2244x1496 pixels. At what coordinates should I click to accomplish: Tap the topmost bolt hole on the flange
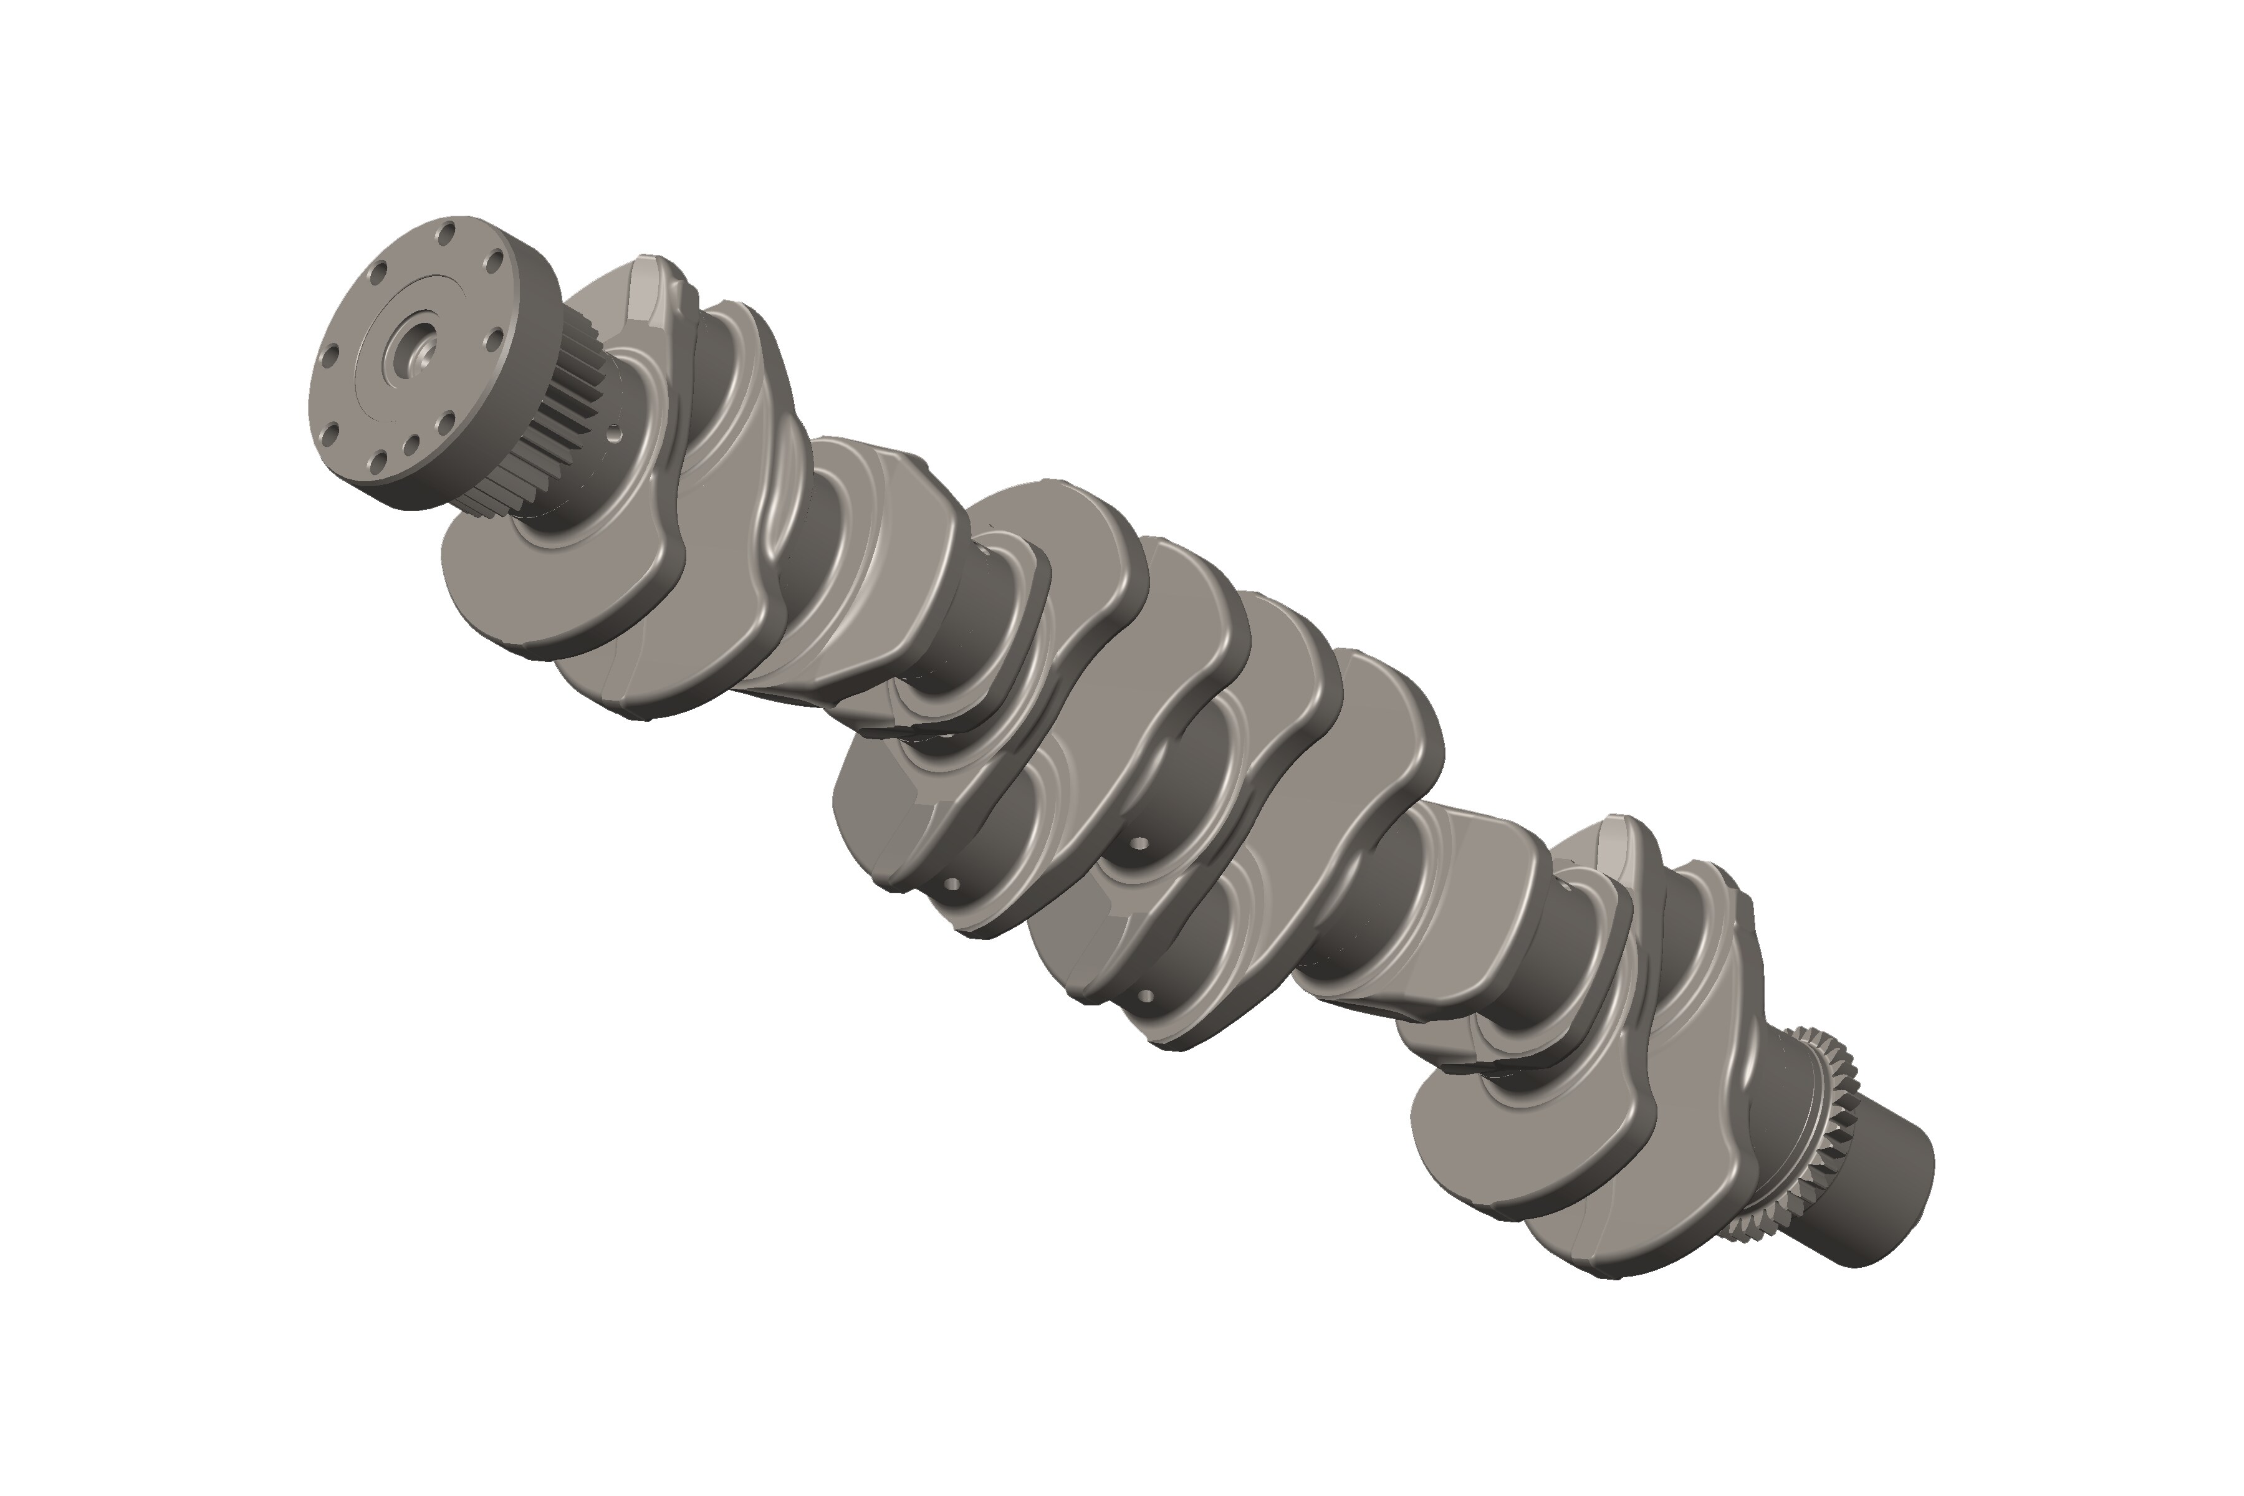446,233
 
